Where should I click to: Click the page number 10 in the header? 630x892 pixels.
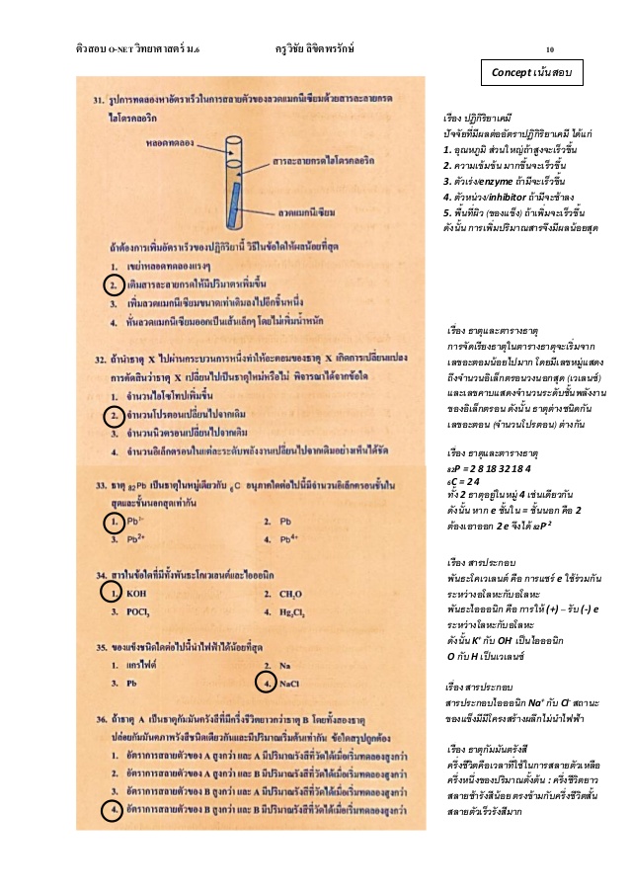pos(550,48)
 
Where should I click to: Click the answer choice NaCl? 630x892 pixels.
pos(291,682)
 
